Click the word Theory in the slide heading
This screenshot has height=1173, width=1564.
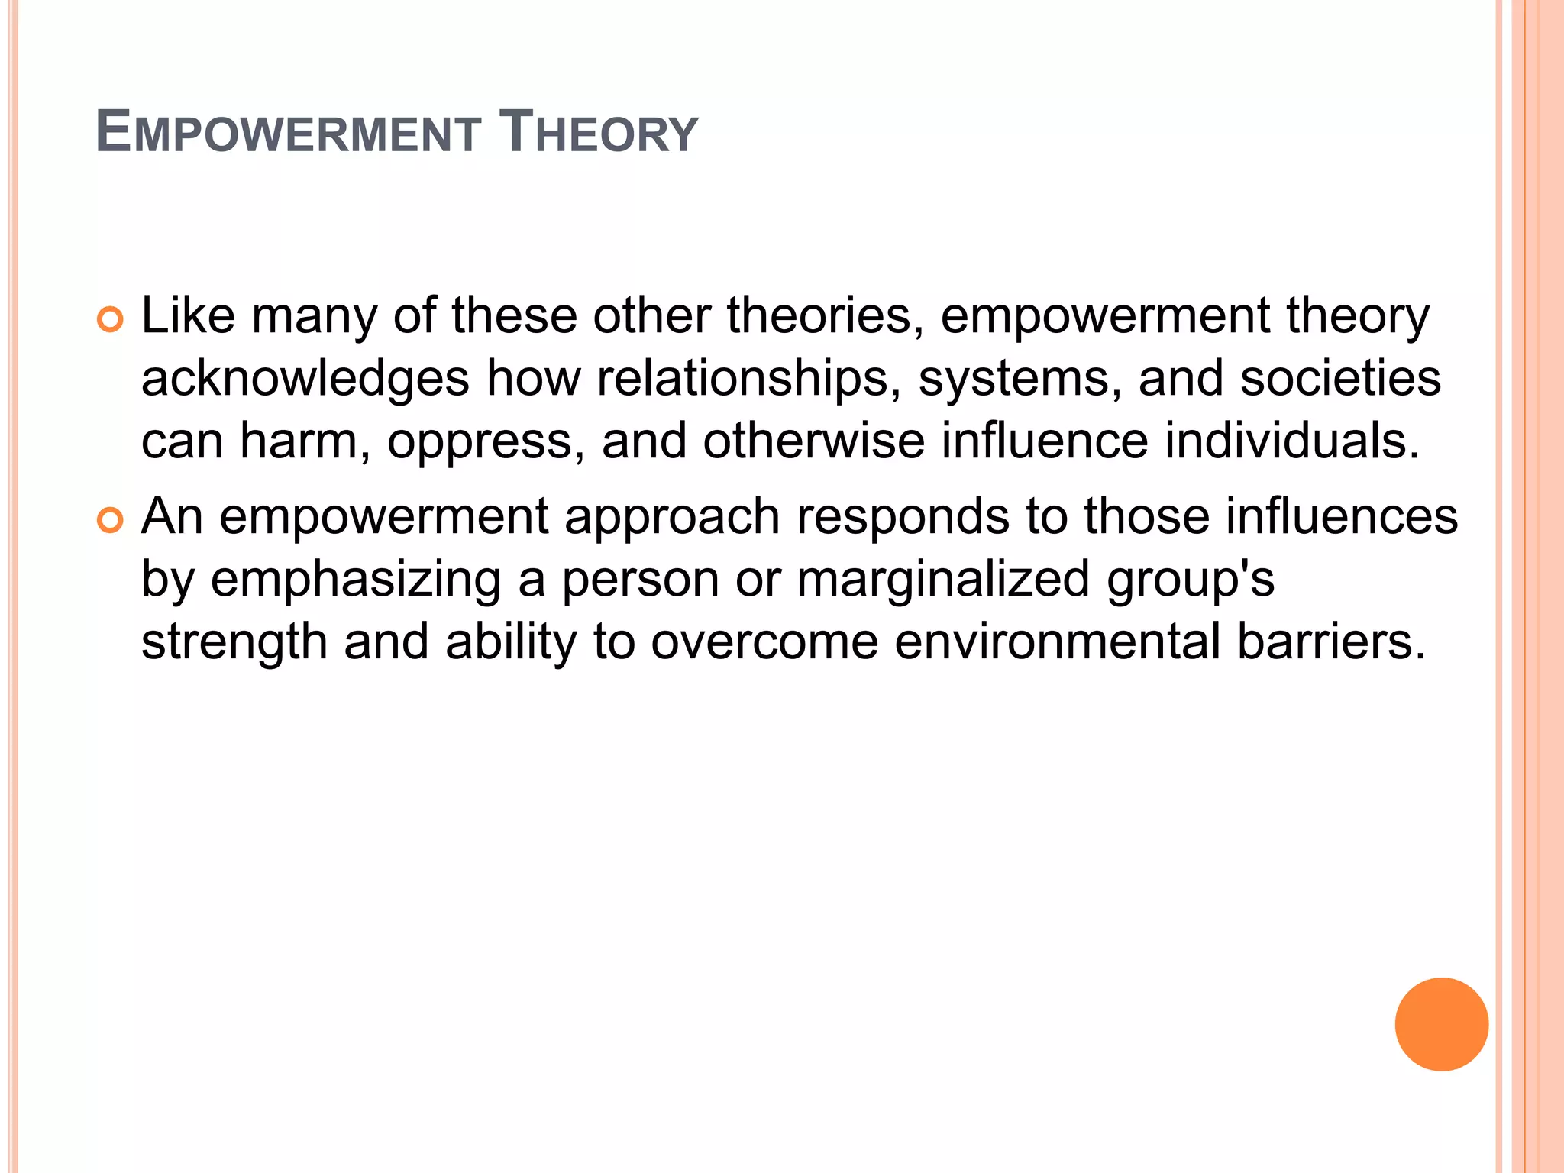click(598, 132)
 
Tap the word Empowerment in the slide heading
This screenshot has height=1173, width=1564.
click(288, 132)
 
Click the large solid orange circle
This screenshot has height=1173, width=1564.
click(1441, 1024)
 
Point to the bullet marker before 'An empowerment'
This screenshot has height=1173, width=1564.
click(111, 521)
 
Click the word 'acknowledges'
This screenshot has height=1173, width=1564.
click(305, 380)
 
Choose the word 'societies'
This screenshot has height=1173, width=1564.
click(1340, 380)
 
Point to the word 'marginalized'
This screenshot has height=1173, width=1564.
click(943, 580)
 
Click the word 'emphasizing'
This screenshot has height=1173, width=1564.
click(356, 580)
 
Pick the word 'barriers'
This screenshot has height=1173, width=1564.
click(1330, 641)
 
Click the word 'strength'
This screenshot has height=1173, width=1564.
click(234, 643)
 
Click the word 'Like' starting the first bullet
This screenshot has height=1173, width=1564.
click(188, 316)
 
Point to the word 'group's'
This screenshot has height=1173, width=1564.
click(1191, 580)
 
